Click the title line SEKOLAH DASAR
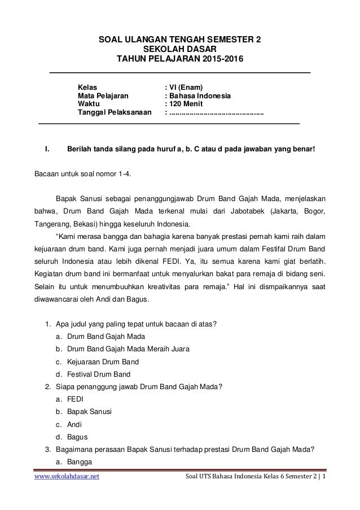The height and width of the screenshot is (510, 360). (x=180, y=49)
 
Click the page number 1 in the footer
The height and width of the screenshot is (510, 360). (x=330, y=493)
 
